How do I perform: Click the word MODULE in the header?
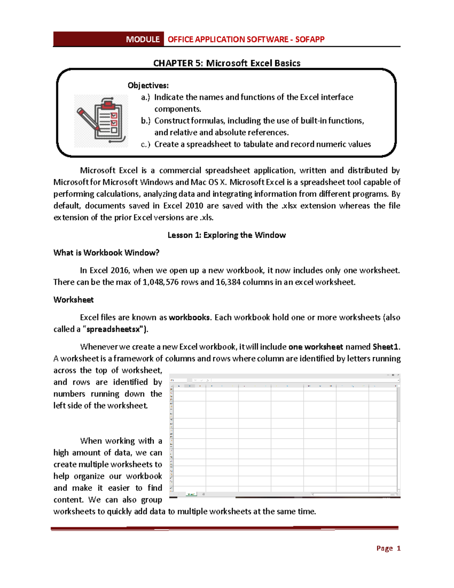[x=143, y=39]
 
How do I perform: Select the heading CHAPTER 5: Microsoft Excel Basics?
[x=227, y=63]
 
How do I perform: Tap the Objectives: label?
[x=148, y=85]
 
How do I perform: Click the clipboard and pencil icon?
[x=101, y=120]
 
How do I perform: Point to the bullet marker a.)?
[x=145, y=97]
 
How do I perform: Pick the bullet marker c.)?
[x=145, y=144]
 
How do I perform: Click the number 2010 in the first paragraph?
[x=194, y=206]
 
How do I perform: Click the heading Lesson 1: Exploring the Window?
[x=227, y=235]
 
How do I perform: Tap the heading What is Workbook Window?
[x=106, y=253]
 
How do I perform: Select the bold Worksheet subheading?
[x=73, y=300]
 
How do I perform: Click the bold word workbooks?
[x=189, y=318]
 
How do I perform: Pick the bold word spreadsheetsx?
[x=115, y=329]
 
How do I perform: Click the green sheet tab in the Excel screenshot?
[x=191, y=494]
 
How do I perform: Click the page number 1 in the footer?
[x=398, y=548]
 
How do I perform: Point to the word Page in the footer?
[x=384, y=548]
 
